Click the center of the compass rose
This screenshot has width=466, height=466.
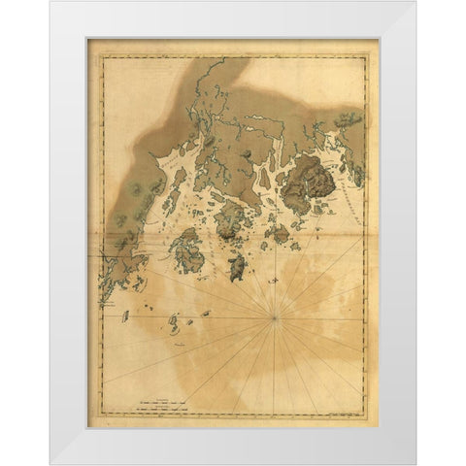tap(277, 316)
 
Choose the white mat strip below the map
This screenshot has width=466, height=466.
tap(233, 442)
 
